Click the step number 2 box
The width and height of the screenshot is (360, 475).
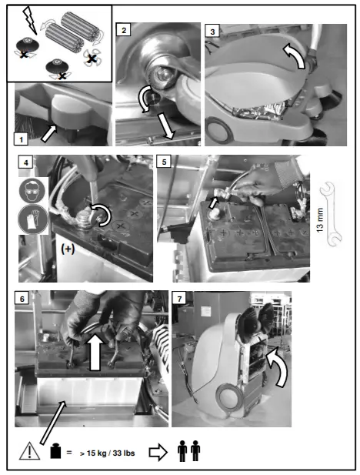coord(122,30)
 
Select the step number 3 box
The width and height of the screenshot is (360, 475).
coord(212,32)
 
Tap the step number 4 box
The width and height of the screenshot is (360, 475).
coord(26,163)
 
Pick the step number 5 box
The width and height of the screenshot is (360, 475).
coord(164,163)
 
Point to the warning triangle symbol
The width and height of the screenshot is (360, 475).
coord(29,449)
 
